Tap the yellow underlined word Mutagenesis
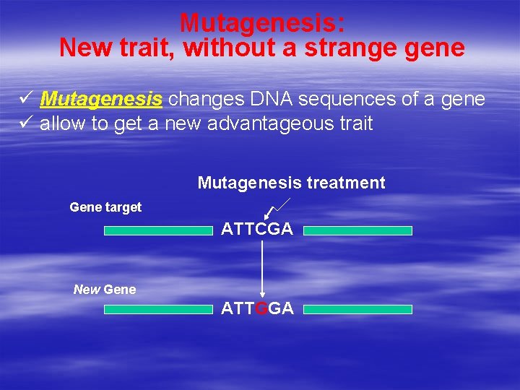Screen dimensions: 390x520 coord(101,99)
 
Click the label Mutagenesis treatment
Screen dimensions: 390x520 coord(291,183)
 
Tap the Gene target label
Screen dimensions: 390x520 coord(105,207)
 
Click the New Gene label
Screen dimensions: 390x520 coord(105,290)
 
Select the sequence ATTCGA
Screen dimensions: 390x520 coord(257,230)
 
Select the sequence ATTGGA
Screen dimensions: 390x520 coord(257,309)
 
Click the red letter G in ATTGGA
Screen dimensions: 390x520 coord(261,309)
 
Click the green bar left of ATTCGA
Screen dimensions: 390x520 coord(159,230)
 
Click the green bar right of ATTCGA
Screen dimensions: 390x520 coord(357,230)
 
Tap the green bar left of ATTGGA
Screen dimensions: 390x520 coord(159,309)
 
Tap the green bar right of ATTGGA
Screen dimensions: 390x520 coord(357,309)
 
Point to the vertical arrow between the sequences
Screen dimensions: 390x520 coord(262,267)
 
